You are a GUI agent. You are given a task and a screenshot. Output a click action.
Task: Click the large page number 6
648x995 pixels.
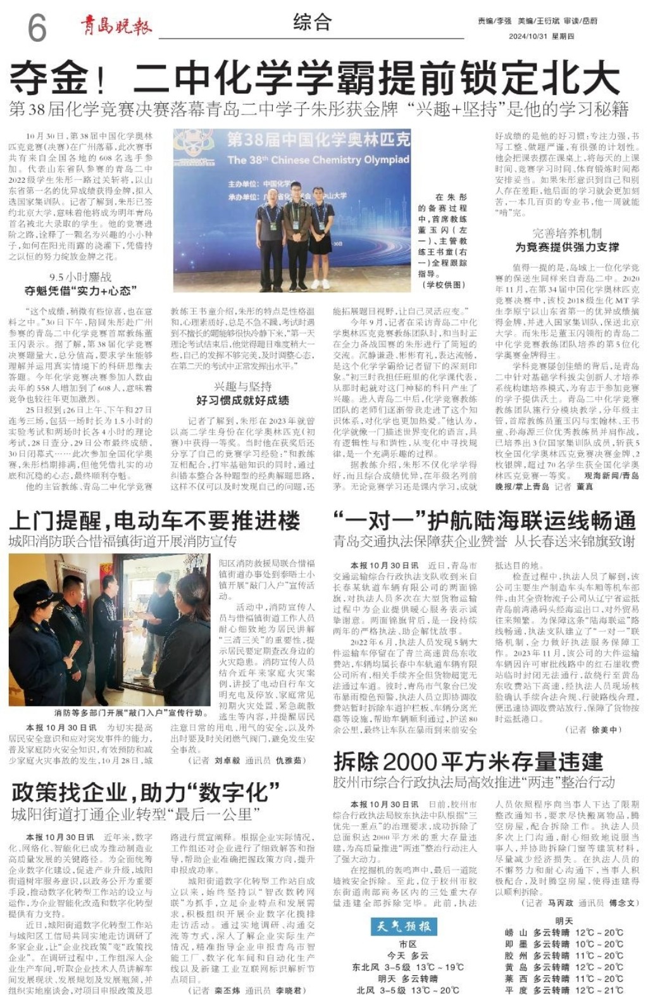pos(37,27)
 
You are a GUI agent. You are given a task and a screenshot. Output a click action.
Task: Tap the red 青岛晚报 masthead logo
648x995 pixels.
pos(116,26)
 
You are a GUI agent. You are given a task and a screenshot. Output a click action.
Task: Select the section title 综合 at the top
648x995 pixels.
pos(312,23)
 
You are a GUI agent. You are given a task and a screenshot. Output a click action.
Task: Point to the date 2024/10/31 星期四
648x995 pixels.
pos(541,37)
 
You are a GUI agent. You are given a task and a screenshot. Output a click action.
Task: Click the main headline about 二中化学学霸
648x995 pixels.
pos(315,78)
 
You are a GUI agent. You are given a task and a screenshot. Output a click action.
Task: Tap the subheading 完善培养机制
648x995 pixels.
pos(566,233)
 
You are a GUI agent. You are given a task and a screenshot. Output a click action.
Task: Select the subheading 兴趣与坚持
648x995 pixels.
pos(242,386)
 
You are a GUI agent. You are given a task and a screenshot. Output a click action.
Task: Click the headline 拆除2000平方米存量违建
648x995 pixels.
pos(468,761)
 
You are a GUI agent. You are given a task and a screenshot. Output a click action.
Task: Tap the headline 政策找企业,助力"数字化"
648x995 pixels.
pos(146,792)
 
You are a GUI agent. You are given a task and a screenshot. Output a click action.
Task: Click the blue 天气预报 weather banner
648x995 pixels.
pos(404,926)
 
